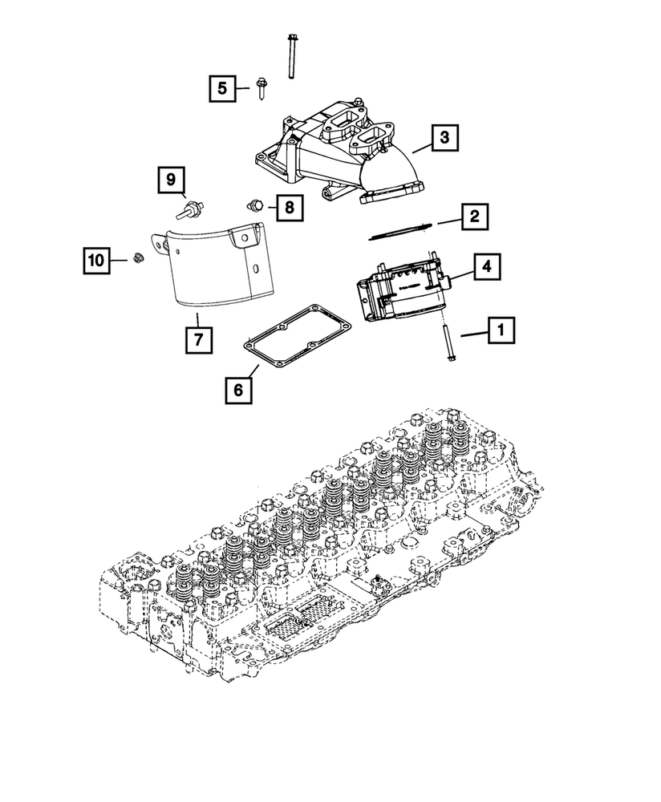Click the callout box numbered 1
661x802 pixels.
pyautogui.click(x=502, y=329)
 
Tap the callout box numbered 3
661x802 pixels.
pyautogui.click(x=444, y=139)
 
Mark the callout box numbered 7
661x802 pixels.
pyautogui.click(x=198, y=340)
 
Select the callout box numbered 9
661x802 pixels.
pyautogui.click(x=171, y=180)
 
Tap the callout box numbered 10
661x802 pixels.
pyautogui.click(x=96, y=260)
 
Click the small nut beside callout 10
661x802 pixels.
pyautogui.click(x=138, y=259)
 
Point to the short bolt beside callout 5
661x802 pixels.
pyautogui.click(x=262, y=87)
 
